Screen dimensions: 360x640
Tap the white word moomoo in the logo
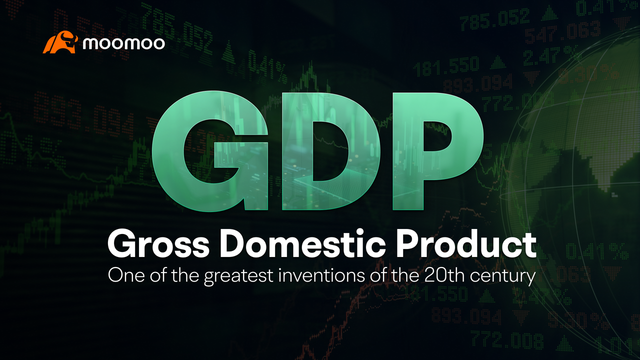(123, 43)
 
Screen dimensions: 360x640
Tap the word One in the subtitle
(122, 276)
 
